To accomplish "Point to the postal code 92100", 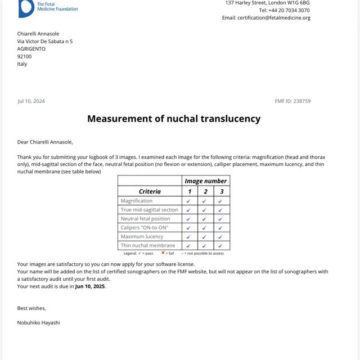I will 24,56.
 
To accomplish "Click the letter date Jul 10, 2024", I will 31,101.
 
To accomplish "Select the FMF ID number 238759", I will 301,101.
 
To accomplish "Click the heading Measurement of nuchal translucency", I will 174,119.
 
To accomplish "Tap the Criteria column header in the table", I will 150,191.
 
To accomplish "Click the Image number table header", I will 205,181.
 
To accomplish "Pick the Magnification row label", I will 137,201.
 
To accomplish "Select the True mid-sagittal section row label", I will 149,210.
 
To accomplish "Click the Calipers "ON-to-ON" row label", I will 144,227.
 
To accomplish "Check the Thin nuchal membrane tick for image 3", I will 221,246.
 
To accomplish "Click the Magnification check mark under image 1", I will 189,201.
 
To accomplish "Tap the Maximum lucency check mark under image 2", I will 205,237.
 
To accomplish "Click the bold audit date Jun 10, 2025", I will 90,286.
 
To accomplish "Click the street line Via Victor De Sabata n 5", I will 44,41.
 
